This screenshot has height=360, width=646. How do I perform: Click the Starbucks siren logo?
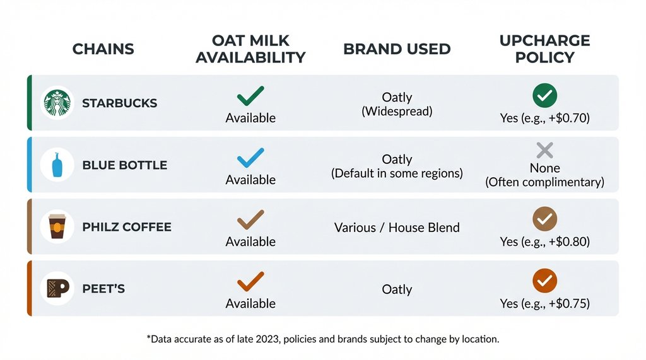coord(57,103)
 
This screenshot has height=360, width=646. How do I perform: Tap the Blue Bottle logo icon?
coord(57,165)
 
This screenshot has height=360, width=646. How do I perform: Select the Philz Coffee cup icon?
coord(57,227)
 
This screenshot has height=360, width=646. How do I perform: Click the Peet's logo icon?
coord(57,289)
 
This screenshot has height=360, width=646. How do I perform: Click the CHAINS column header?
coord(103,49)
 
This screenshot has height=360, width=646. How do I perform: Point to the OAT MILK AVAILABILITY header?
coord(250,49)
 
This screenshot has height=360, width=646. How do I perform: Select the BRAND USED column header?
coord(397,49)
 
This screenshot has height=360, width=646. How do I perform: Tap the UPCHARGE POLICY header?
coord(544,49)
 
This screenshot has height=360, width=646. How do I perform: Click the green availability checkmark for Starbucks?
coord(250,96)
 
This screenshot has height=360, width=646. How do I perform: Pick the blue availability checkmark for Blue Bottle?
coord(250,158)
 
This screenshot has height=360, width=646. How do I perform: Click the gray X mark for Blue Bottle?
coord(544,150)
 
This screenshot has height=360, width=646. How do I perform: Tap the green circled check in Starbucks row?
coord(544,96)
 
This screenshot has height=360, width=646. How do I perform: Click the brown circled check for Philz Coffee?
coord(544,219)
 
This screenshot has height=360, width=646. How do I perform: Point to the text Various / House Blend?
coord(397,228)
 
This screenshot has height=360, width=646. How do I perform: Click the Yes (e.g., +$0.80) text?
coord(544,241)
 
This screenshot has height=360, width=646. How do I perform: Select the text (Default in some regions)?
coord(397,173)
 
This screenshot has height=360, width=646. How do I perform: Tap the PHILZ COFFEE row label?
coord(127,227)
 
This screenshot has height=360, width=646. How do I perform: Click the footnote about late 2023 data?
coord(323,339)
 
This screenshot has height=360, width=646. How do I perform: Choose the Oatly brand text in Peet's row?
coord(397,289)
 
